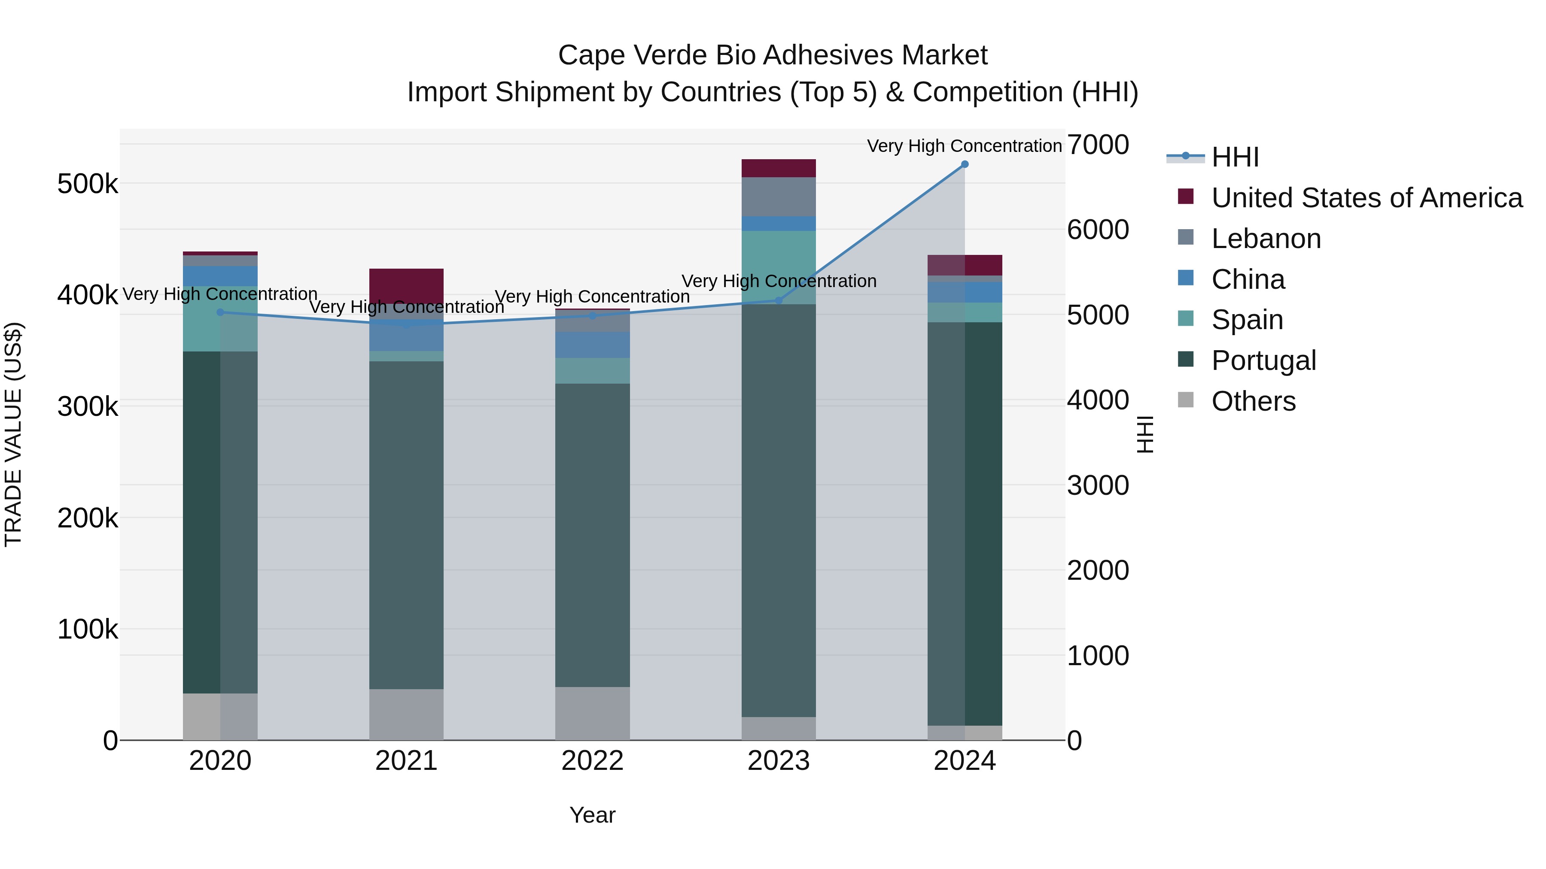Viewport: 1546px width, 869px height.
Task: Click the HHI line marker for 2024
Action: click(965, 164)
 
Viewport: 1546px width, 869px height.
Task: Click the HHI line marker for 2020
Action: click(220, 312)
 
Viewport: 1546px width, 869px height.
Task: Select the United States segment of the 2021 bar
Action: click(406, 285)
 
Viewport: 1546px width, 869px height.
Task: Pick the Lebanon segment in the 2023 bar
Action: click(779, 197)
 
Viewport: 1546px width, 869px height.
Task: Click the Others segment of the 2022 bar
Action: click(592, 713)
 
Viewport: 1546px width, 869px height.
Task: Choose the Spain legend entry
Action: click(1247, 320)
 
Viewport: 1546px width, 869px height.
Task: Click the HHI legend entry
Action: click(1235, 157)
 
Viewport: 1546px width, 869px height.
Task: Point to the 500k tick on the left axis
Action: click(88, 184)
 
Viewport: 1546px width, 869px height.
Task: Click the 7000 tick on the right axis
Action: click(1098, 145)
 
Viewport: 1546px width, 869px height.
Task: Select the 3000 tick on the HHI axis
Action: click(1098, 485)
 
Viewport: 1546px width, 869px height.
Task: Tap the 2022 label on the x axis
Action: click(592, 761)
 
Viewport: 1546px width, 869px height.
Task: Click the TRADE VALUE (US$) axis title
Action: click(13, 434)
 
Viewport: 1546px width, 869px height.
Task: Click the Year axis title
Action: click(592, 815)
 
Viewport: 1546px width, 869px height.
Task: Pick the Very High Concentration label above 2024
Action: click(965, 146)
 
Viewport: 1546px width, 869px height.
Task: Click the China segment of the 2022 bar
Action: click(592, 345)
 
